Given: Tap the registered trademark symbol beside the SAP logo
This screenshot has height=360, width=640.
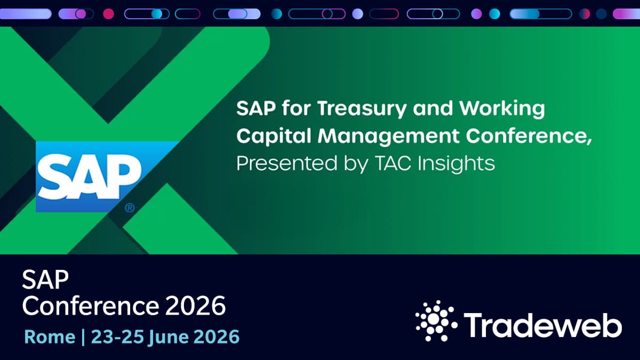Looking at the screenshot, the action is pos(130,207).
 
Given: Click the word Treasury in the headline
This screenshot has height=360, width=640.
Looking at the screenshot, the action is pos(362,109).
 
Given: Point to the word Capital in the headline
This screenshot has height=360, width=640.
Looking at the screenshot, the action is pos(274,136).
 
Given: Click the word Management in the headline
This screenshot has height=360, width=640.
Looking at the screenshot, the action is pos(388,137).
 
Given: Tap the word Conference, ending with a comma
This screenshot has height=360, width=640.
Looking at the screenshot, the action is pos(529,137).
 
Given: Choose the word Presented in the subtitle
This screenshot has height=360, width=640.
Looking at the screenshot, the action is pos(287,163).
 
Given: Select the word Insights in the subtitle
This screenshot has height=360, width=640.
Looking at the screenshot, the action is pos(457,164).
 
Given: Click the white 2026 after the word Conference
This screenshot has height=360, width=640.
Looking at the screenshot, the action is pos(195,306).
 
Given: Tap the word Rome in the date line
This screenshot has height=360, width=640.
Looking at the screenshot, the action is pos(50,337).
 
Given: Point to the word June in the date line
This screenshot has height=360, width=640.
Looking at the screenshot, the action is pos(169,338).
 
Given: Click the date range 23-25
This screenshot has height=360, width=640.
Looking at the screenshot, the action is pos(117,337).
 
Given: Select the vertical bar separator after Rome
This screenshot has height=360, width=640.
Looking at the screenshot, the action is pos(83,338).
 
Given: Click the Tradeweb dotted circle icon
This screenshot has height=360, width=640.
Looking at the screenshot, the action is pos(436,321).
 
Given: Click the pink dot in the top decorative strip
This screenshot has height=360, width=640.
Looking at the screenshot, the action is pos(109,14).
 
